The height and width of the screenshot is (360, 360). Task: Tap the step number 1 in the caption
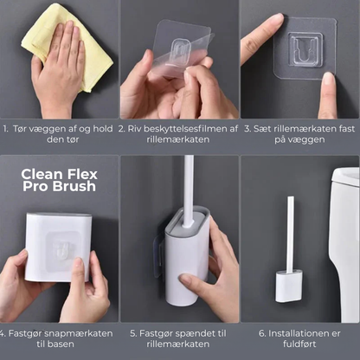coord(5,129)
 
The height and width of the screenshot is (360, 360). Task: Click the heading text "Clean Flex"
coord(58,172)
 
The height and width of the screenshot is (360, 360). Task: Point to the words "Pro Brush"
coord(58,188)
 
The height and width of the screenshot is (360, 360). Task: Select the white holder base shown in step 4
coord(58,247)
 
